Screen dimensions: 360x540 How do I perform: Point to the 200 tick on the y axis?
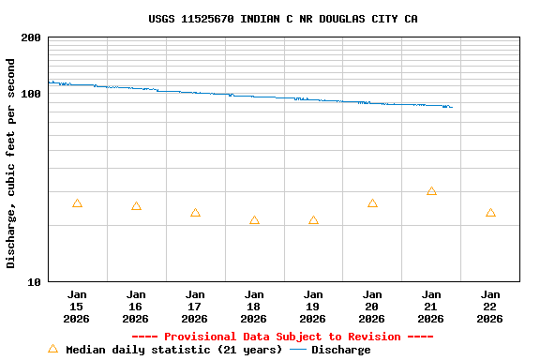31,38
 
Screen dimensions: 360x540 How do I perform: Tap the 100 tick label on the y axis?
31,95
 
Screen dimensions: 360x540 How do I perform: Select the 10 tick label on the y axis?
35,282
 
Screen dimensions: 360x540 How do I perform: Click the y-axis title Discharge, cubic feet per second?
11,163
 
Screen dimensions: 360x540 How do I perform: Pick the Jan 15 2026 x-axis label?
77,306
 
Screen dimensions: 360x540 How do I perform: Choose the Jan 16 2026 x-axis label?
136,306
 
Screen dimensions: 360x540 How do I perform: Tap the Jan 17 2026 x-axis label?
195,306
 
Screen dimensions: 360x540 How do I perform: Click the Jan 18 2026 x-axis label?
254,306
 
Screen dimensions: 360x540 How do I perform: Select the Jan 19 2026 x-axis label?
313,306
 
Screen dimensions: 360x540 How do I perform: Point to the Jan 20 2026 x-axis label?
372,306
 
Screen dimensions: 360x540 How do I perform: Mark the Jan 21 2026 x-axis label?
431,306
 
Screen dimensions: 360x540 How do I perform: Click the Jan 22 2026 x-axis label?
490,306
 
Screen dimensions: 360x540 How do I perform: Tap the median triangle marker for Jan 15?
77,203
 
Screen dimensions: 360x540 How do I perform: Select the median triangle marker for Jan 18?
254,220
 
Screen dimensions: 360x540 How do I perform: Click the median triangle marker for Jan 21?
431,191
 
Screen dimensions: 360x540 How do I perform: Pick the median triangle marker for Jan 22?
490,213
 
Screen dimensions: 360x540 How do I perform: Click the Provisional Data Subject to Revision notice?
282,337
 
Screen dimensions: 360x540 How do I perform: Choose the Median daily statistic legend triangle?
52,349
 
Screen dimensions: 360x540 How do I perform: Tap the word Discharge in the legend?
340,350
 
